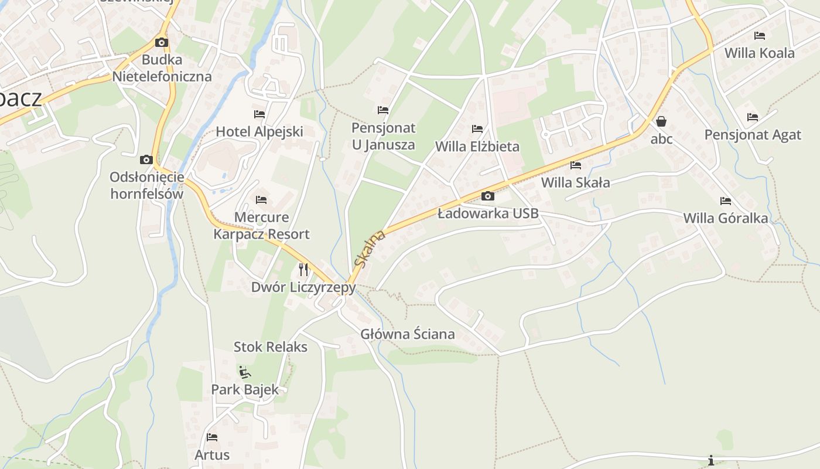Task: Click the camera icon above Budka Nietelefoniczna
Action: click(x=161, y=43)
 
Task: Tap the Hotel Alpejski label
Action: click(x=259, y=131)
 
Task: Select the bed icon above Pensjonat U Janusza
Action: click(x=383, y=110)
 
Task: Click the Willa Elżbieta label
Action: click(x=477, y=146)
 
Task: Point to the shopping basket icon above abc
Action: click(x=661, y=122)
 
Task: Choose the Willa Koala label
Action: click(x=759, y=53)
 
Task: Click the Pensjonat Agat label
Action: click(x=752, y=135)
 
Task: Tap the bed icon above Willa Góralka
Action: click(x=726, y=201)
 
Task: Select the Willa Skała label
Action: click(x=575, y=182)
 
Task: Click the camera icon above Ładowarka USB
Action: click(x=487, y=196)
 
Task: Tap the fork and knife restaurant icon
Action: click(x=303, y=270)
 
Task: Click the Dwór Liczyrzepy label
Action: click(x=303, y=287)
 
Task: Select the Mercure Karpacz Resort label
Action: click(x=261, y=226)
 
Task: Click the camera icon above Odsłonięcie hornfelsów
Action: click(x=146, y=160)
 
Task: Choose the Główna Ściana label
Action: click(x=407, y=334)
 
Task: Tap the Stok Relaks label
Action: click(x=270, y=346)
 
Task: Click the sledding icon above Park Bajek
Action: click(x=245, y=372)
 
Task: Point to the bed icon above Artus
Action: click(x=212, y=437)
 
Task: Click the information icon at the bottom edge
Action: click(x=711, y=460)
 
